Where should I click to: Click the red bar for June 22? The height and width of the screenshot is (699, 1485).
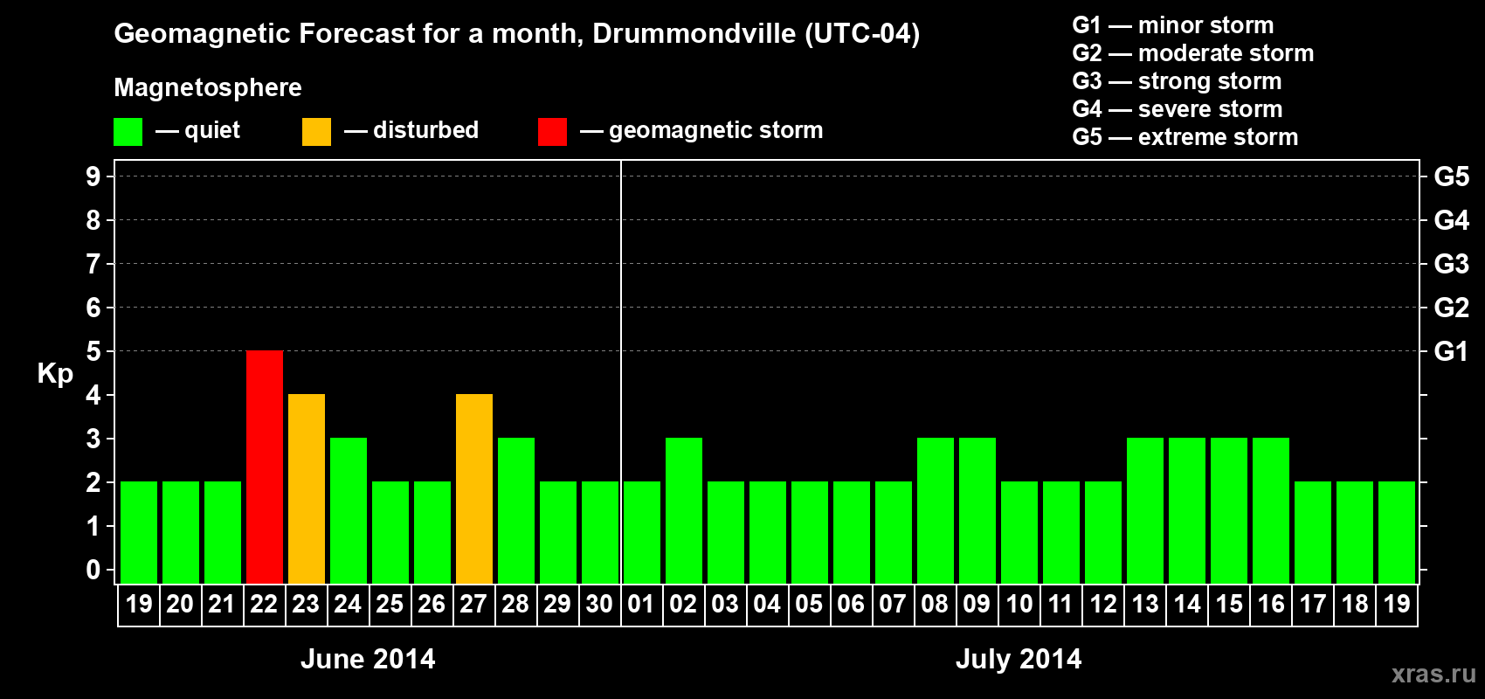pos(265,467)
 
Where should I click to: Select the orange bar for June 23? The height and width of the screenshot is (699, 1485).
pos(307,488)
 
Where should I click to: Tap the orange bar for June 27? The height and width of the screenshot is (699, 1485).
pos(474,488)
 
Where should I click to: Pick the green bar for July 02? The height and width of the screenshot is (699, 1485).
pos(684,510)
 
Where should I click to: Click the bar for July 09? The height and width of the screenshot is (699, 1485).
pos(977,510)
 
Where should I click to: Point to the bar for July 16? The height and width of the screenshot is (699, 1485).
pos(1271,510)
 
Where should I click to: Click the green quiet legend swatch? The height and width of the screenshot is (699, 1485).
pos(128,132)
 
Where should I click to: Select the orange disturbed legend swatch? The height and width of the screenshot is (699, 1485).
pos(316,132)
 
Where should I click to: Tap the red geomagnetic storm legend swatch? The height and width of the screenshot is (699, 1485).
pos(552,132)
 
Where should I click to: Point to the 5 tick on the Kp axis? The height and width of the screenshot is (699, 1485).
pos(93,351)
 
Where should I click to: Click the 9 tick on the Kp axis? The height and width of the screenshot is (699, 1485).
pos(93,176)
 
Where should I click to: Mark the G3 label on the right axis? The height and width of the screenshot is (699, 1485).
pos(1451,264)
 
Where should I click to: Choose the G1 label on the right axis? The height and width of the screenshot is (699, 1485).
pos(1451,351)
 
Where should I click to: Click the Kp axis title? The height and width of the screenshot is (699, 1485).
pos(55,373)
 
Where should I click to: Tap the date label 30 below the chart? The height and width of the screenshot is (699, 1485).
pos(599,604)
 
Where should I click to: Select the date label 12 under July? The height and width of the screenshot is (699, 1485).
pos(1103,604)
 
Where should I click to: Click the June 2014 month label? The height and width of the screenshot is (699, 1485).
pos(368,659)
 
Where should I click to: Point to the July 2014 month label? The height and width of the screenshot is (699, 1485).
pos(1019,659)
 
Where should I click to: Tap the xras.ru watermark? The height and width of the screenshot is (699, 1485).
pos(1433,673)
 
